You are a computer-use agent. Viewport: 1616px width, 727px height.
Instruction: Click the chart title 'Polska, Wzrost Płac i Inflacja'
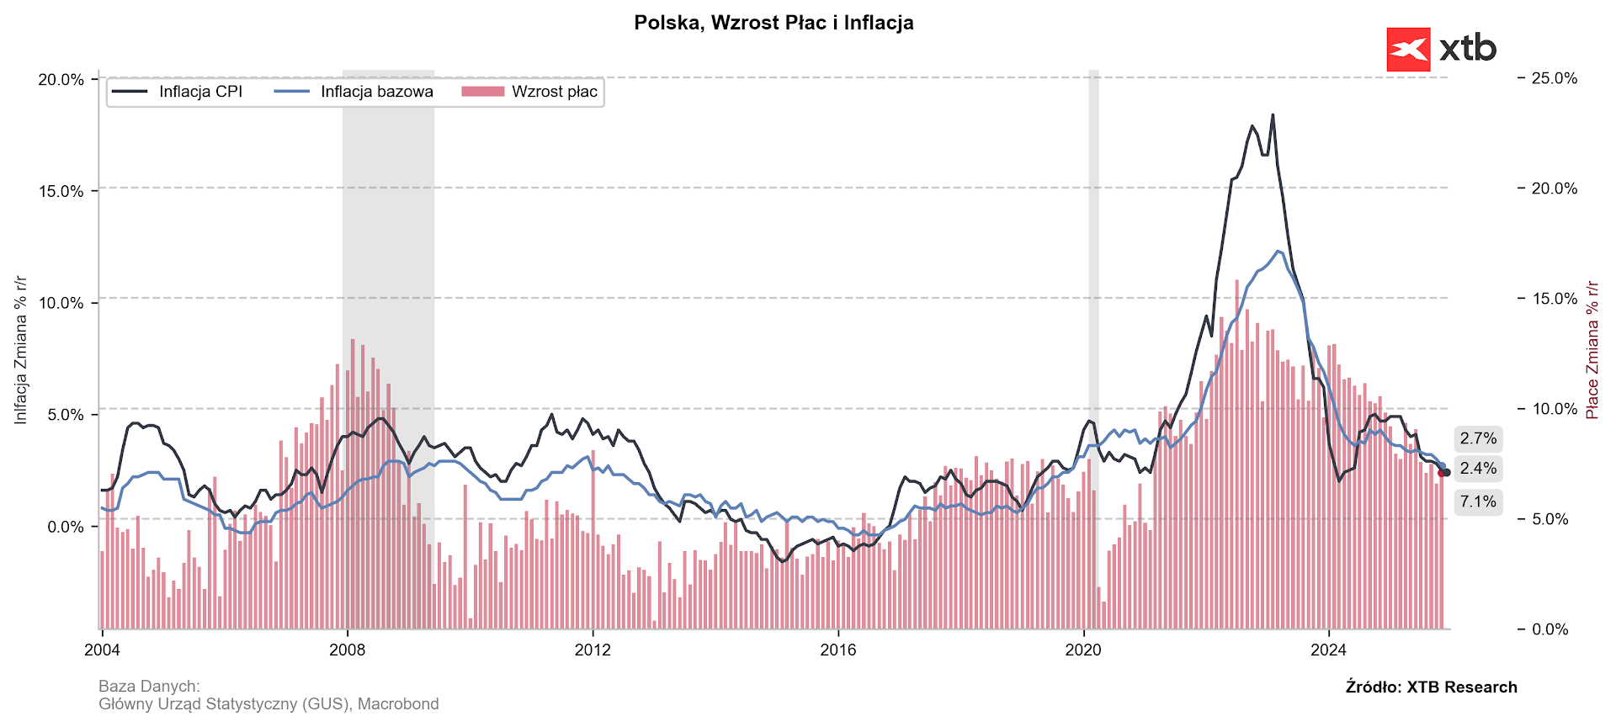(773, 23)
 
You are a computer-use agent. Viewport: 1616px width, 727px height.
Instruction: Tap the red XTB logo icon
(1408, 50)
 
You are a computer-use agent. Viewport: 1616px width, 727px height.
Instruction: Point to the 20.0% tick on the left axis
(61, 80)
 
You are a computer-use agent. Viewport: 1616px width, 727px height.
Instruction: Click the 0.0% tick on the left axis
(65, 528)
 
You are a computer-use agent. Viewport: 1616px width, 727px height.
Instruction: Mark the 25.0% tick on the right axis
(1554, 78)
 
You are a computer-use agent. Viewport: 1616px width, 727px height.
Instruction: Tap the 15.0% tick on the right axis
(1554, 299)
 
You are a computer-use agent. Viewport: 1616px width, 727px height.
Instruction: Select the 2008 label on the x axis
(347, 650)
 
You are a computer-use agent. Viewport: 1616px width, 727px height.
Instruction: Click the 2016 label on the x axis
(838, 650)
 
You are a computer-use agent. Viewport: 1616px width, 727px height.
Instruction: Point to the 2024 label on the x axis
(1329, 650)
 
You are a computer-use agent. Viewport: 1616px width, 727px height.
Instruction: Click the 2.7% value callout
(1478, 438)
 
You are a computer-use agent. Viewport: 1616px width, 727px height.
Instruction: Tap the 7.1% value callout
(1478, 501)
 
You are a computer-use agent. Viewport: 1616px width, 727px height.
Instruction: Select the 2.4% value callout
(1478, 469)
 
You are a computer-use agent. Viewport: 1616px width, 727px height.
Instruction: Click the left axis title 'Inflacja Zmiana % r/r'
(21, 350)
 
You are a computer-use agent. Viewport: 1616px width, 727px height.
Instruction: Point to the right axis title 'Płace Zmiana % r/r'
(1592, 350)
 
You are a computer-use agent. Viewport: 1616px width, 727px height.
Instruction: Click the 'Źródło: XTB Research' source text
(1431, 687)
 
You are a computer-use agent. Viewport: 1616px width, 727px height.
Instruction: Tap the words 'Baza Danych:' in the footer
(149, 687)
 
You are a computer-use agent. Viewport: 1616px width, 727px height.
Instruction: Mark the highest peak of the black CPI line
(1273, 115)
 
